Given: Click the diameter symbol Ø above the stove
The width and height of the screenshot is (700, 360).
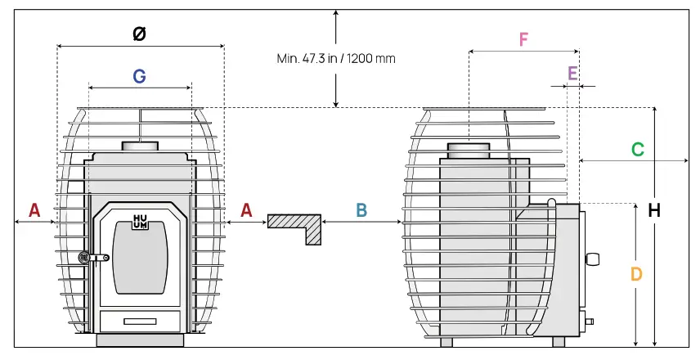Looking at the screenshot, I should click(140, 34).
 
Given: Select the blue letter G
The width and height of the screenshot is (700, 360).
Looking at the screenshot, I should click(140, 76).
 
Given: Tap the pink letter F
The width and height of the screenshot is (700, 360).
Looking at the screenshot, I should click(523, 39).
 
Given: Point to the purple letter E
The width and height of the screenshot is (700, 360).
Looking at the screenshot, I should click(572, 74).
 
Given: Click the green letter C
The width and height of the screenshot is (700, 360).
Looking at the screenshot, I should click(637, 150).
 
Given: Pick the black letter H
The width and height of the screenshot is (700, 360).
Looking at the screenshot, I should click(653, 210).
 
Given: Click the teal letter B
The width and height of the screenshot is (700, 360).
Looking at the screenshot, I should click(361, 210).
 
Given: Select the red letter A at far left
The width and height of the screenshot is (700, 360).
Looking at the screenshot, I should click(34, 210).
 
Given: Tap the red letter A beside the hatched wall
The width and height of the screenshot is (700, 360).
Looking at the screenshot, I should click(246, 210).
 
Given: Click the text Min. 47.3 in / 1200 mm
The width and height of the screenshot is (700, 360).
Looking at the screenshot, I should click(330, 59).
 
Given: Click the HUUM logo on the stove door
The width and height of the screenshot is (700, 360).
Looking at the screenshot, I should click(140, 222).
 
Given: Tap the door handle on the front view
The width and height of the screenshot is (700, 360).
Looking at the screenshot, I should click(92, 258).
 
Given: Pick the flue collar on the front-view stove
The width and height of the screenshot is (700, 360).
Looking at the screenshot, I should click(140, 146).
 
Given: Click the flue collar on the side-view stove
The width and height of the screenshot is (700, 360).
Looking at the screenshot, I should click(469, 151).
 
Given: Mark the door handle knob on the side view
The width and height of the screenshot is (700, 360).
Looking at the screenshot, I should click(593, 259).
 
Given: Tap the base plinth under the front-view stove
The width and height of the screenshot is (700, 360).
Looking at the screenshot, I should click(140, 340).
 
